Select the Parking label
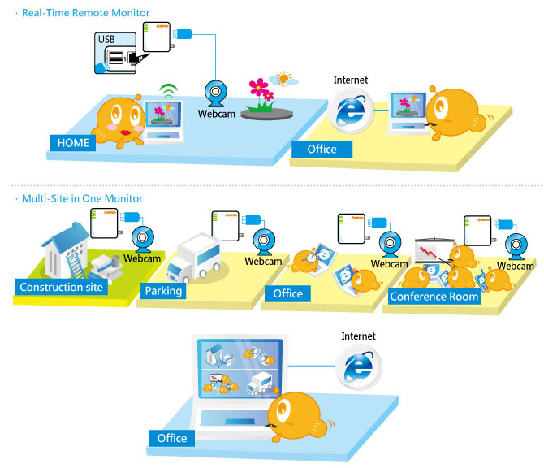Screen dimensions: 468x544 163,291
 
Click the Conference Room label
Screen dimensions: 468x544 434,297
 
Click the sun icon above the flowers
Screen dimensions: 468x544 283,80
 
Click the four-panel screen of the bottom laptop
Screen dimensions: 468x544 239,369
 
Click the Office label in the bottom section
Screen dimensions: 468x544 171,439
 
